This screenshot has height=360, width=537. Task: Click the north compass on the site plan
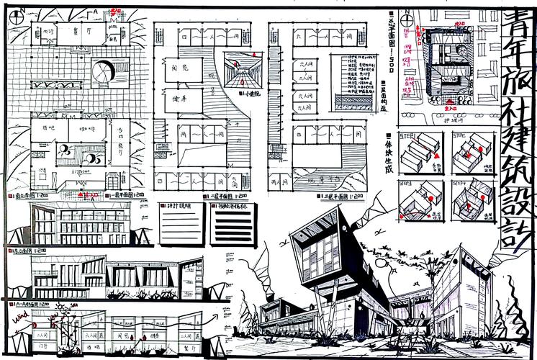(408, 20)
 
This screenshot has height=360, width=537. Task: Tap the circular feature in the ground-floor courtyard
(103, 71)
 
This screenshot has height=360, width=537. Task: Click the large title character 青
(517, 27)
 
